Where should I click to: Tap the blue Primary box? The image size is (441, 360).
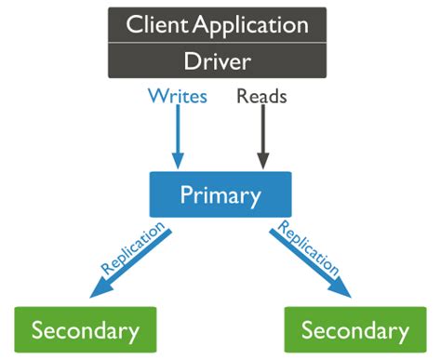point(220,195)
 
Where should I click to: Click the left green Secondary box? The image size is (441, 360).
point(86,329)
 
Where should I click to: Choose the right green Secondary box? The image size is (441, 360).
point(355,329)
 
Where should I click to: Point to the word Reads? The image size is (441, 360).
point(261,95)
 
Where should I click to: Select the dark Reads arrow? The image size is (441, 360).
point(262,135)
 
